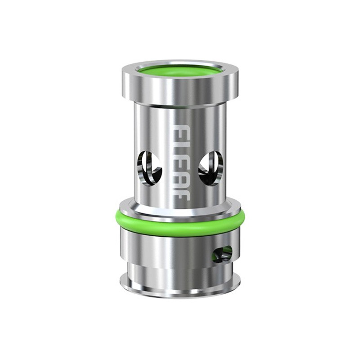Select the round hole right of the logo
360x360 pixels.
coord(211,165)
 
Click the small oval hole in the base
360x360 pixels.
coord(223,254)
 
